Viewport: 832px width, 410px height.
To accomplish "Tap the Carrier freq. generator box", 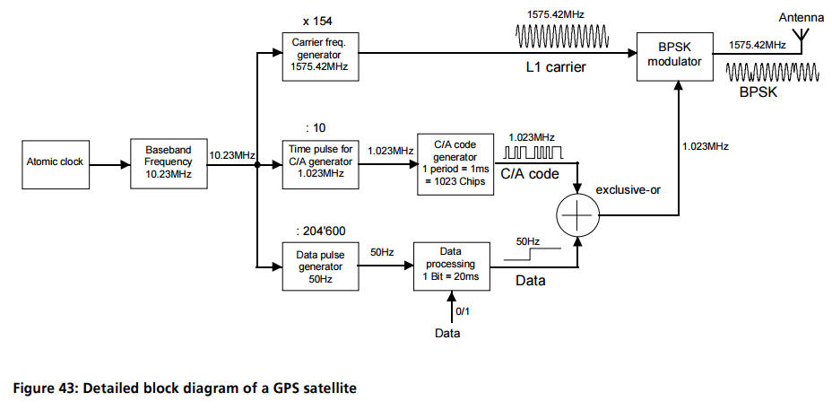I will coord(317,54).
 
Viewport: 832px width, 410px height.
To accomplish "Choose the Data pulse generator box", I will coord(317,266).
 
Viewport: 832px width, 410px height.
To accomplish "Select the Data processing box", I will coord(451,266).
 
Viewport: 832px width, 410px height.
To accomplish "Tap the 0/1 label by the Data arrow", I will coord(462,311).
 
